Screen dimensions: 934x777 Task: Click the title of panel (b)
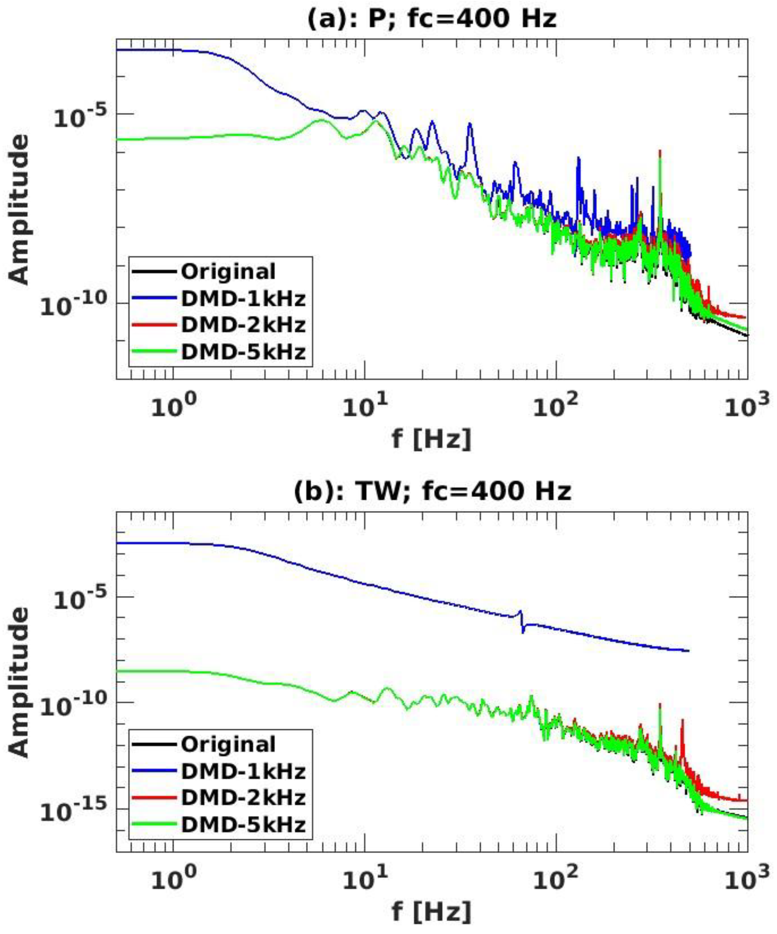[431, 492]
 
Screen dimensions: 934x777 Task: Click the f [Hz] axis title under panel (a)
[431, 440]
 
